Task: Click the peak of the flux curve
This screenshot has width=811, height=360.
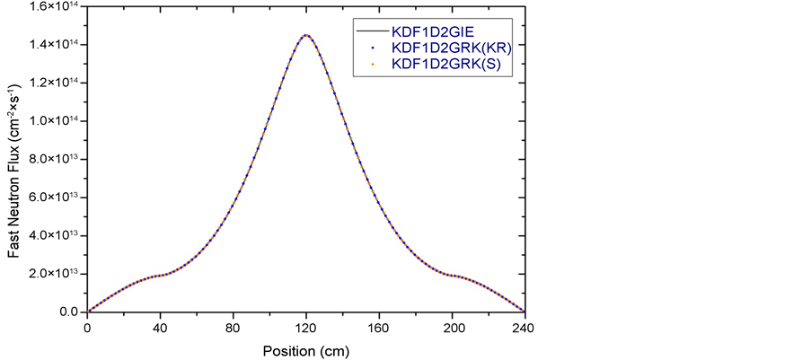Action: (306, 36)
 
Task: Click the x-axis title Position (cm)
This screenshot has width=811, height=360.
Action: (306, 348)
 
